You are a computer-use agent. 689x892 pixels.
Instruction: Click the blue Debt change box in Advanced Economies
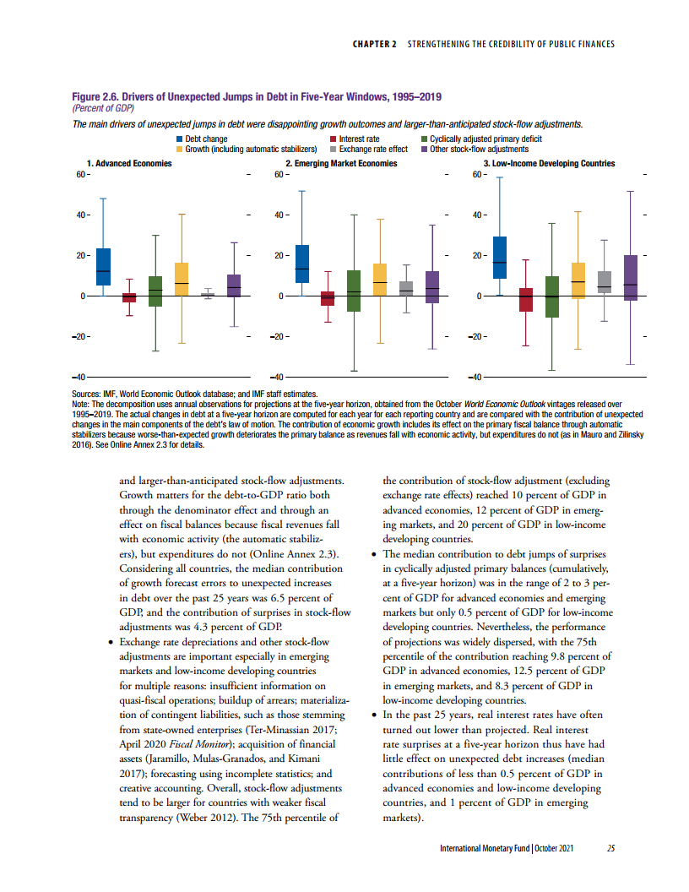103,266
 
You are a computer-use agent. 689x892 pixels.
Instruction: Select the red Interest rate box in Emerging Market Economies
327,298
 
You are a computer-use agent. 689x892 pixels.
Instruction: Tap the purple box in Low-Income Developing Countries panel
630,277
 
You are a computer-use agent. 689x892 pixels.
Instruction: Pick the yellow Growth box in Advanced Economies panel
182,279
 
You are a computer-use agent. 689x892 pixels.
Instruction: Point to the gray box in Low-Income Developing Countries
604,282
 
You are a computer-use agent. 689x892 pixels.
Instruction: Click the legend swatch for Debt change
179,139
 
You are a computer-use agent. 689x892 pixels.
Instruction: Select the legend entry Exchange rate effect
372,149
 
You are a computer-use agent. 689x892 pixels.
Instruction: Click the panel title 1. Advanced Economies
129,163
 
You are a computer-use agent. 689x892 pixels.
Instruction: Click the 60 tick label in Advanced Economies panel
81,175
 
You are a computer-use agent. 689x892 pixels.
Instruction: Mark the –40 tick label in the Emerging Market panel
279,377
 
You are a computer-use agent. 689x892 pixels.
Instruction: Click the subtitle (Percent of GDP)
104,108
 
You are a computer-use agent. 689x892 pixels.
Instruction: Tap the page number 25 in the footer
610,848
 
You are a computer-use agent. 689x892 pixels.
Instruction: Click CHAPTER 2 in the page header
374,43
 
